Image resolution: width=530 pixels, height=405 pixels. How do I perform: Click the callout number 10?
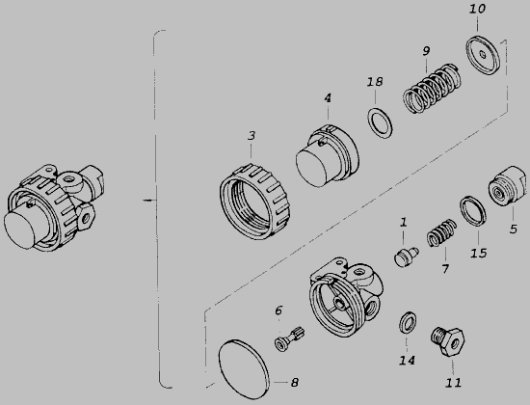coord(477,9)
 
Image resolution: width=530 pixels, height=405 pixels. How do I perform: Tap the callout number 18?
coord(375,82)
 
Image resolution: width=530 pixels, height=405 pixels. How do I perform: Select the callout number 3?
coord(252,136)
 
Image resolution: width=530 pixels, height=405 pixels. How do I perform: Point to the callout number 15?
coord(479,253)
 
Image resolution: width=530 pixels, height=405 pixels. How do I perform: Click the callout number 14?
coord(407,361)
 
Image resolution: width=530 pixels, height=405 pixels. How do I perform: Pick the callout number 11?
coord(453,383)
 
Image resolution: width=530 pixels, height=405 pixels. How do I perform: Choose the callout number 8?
coord(295,383)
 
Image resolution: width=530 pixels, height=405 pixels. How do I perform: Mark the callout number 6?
coord(278,310)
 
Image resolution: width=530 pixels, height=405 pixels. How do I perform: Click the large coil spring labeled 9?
coord(432,89)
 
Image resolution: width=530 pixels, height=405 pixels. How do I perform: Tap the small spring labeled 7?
coord(441,232)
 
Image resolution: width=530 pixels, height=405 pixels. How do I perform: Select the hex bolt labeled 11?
coord(447,341)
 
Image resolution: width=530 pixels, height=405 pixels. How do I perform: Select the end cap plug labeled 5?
coord(507,185)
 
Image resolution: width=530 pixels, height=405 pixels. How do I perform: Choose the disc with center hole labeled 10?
coord(483,55)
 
